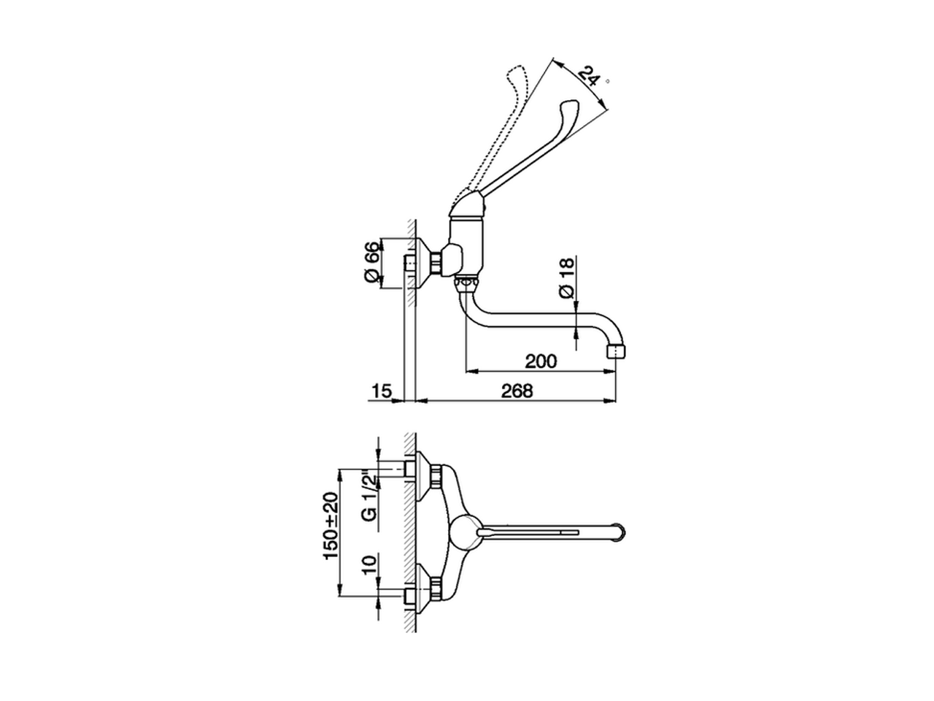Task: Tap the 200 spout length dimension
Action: point(541,361)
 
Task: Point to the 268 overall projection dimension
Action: point(518,391)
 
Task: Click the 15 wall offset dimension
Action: point(382,391)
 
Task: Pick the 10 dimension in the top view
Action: point(370,567)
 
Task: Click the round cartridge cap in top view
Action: point(465,532)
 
